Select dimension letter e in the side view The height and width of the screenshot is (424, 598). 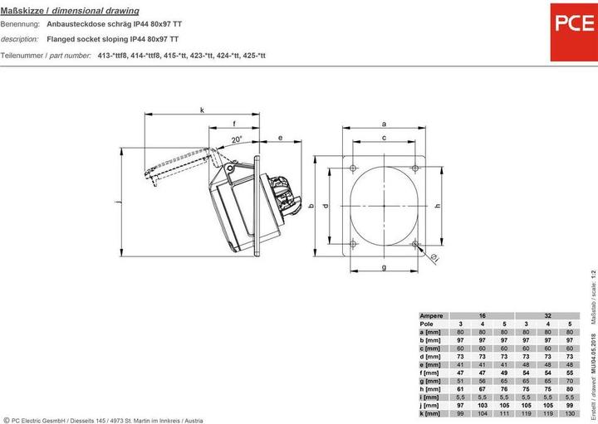pyautogui.click(x=281, y=138)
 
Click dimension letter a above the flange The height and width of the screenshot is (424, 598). pyautogui.click(x=384, y=123)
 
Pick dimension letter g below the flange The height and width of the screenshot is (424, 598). pyautogui.click(x=384, y=267)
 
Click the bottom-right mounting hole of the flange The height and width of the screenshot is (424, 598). pyautogui.click(x=415, y=244)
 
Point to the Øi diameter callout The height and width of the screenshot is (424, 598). pyautogui.click(x=435, y=261)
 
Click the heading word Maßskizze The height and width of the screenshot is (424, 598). pyautogui.click(x=24, y=11)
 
